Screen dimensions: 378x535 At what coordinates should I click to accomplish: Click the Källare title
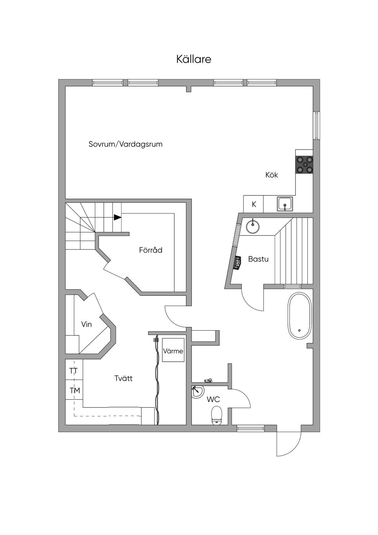pyautogui.click(x=194, y=59)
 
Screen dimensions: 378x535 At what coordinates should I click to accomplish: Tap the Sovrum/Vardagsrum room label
pyautogui.click(x=125, y=144)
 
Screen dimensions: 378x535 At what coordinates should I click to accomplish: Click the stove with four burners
pyautogui.click(x=304, y=164)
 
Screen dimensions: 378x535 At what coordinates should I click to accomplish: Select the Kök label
pyautogui.click(x=272, y=175)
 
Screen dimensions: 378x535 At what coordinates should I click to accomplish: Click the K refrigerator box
pyautogui.click(x=254, y=204)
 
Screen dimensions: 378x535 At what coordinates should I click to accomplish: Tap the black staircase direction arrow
pyautogui.click(x=117, y=217)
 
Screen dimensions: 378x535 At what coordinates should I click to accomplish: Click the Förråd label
pyautogui.click(x=151, y=250)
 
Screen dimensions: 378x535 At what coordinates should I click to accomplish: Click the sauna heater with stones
pyautogui.click(x=237, y=263)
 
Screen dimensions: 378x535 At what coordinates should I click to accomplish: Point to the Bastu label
pyautogui.click(x=258, y=259)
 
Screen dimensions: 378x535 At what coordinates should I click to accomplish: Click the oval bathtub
pyautogui.click(x=300, y=315)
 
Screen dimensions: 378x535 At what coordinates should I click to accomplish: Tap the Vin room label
pyautogui.click(x=86, y=324)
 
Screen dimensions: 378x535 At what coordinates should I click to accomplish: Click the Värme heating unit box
pyautogui.click(x=173, y=350)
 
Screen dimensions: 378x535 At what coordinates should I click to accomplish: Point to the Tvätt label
pyautogui.click(x=123, y=378)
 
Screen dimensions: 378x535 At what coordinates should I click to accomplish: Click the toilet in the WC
pyautogui.click(x=217, y=416)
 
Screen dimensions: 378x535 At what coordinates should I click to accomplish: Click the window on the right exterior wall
pyautogui.click(x=316, y=125)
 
